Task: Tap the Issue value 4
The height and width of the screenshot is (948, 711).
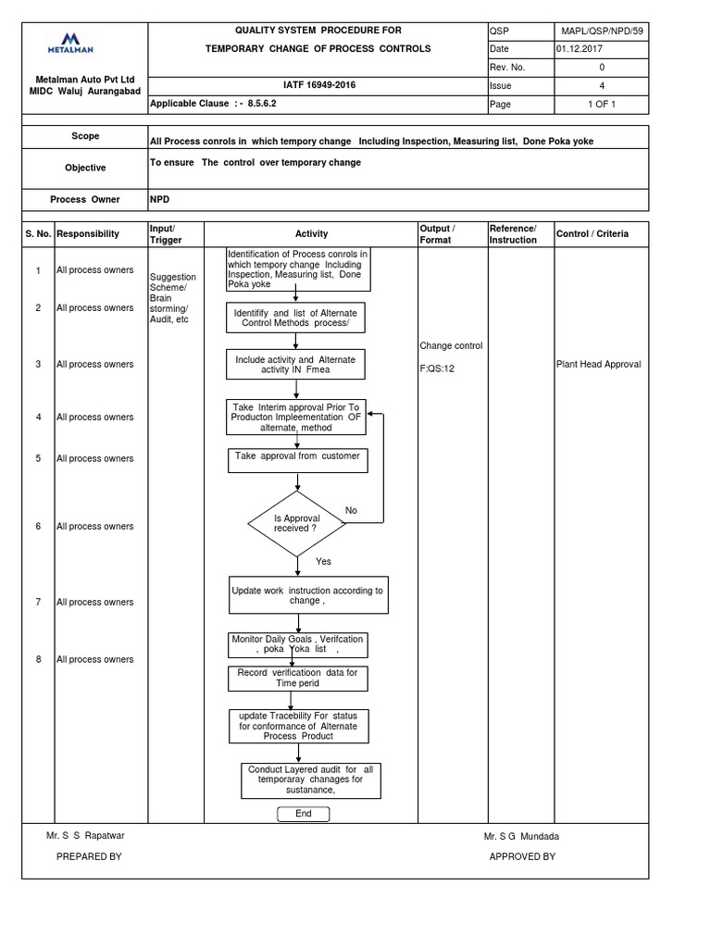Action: [602, 84]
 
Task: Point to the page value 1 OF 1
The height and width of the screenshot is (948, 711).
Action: [602, 105]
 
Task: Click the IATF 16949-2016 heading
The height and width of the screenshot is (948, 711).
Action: [310, 84]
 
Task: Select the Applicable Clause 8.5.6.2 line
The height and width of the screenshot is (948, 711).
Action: [213, 105]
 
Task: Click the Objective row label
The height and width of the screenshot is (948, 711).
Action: [84, 168]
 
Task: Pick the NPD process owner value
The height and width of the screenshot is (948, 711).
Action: [159, 199]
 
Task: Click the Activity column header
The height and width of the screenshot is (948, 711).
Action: [311, 234]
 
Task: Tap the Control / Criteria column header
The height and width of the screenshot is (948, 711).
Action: [592, 234]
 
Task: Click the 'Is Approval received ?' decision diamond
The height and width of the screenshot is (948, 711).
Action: [296, 525]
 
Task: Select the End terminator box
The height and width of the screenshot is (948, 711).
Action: [303, 815]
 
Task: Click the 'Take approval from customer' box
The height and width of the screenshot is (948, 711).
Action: [296, 456]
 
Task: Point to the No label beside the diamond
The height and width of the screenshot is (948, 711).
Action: [351, 511]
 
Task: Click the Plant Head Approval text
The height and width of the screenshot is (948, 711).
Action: [598, 364]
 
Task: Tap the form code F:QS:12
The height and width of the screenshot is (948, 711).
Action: [437, 368]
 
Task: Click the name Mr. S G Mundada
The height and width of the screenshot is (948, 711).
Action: [521, 836]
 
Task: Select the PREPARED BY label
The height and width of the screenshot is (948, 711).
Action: [89, 856]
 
